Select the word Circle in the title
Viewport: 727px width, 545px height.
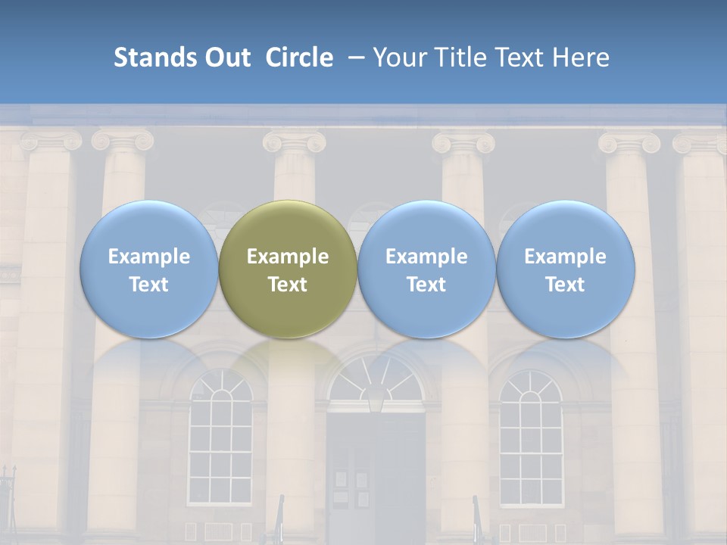(x=299, y=58)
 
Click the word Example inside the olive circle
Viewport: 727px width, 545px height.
(x=288, y=257)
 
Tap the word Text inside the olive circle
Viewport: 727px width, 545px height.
(x=288, y=285)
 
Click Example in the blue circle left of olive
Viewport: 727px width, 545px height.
(x=148, y=257)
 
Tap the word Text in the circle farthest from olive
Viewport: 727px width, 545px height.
(x=566, y=285)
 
